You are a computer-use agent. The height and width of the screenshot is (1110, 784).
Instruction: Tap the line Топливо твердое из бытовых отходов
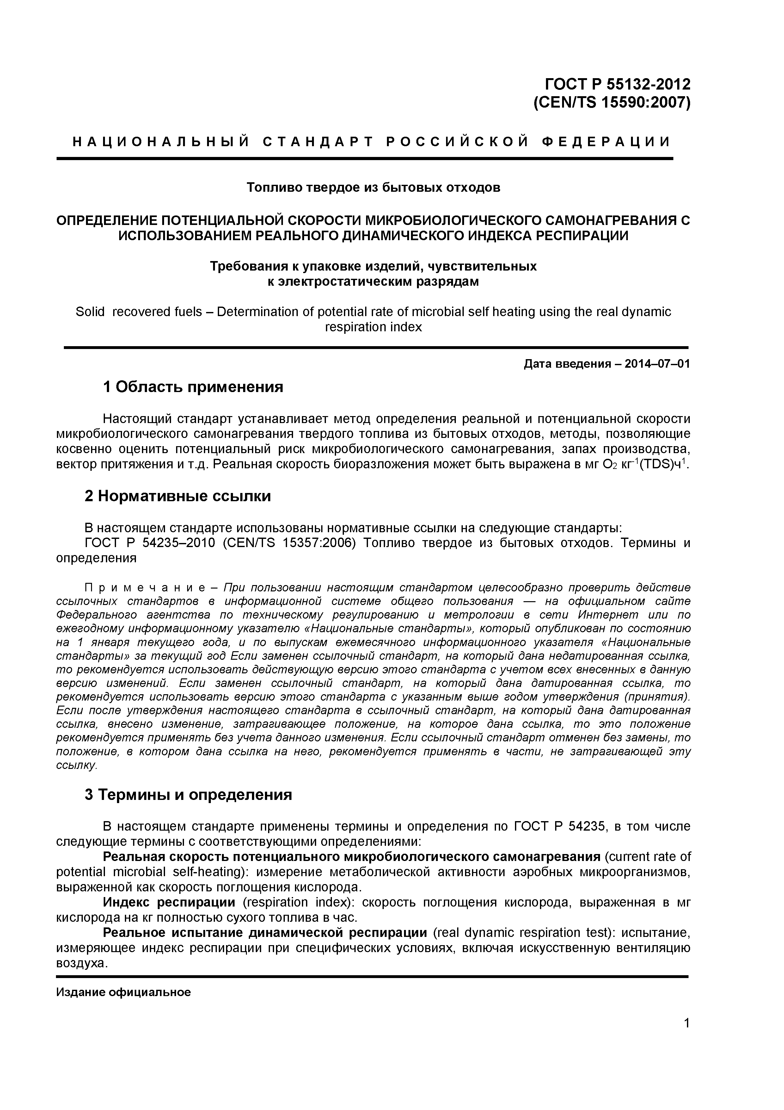(x=373, y=188)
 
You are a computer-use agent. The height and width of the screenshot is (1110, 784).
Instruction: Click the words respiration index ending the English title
(x=373, y=327)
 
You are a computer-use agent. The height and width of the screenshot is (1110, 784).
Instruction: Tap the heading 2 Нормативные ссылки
(x=178, y=496)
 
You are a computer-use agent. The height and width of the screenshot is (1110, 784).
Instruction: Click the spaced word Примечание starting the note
(x=145, y=588)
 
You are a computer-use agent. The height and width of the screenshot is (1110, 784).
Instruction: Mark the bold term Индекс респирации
(x=169, y=903)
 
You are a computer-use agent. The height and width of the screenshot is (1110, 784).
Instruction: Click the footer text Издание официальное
(x=124, y=993)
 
